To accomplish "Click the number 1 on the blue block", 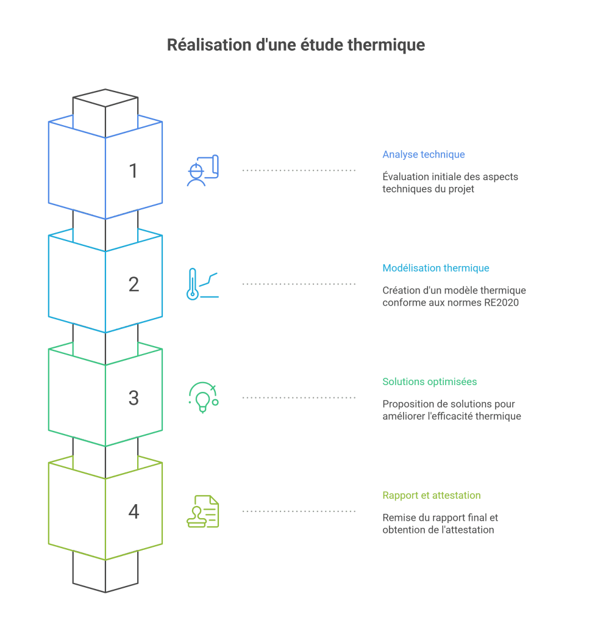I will point(133,171).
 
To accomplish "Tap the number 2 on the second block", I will point(134,284).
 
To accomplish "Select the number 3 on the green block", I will point(134,398).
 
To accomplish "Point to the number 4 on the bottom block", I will point(134,511).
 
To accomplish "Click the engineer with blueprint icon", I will point(202,171).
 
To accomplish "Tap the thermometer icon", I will point(193,284).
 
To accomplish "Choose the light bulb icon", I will point(202,398).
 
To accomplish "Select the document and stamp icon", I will point(202,511).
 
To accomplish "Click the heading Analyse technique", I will point(423,154).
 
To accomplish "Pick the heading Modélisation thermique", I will point(435,268).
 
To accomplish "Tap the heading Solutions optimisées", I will point(429,381).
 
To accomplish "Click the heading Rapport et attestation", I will point(431,495).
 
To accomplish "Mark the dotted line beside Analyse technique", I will point(299,170).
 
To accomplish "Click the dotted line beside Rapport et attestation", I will point(299,511).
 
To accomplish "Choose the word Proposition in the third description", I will point(406,404).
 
